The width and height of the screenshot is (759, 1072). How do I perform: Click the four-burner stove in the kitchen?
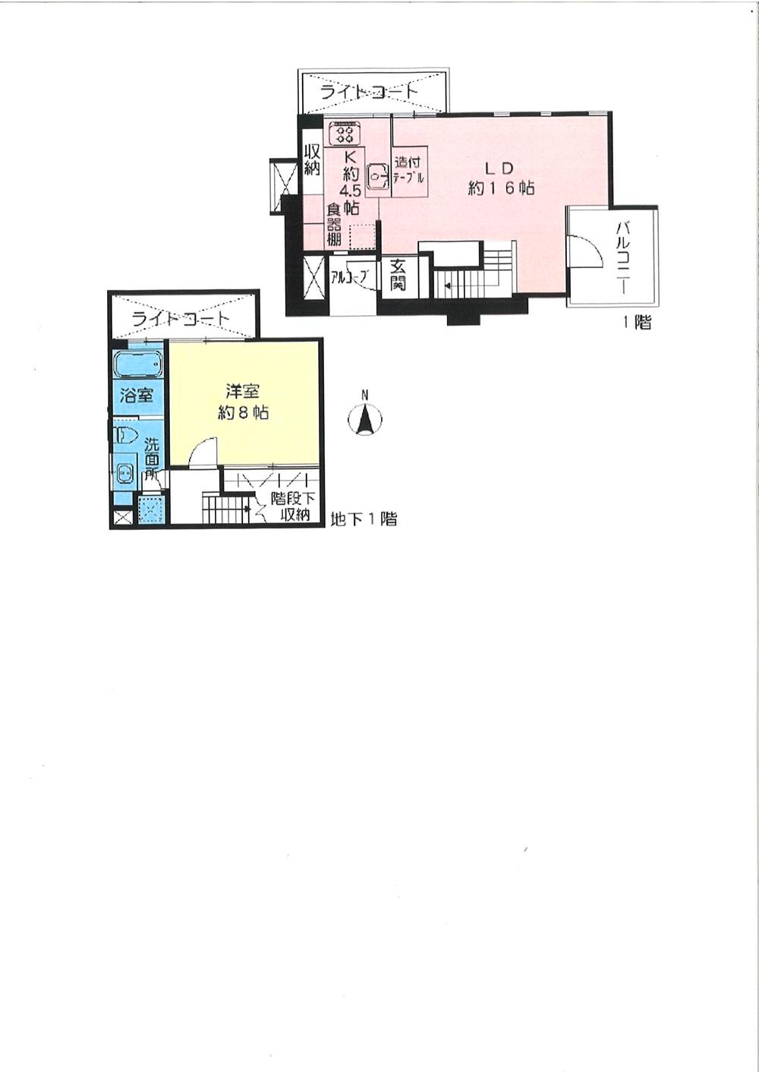[345, 134]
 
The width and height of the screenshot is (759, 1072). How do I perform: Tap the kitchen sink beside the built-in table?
[377, 176]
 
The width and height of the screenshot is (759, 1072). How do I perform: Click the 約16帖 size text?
[501, 188]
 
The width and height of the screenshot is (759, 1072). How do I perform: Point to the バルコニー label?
[625, 257]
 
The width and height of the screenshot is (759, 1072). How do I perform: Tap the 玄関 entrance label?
[398, 276]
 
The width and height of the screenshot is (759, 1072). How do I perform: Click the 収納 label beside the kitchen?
[312, 159]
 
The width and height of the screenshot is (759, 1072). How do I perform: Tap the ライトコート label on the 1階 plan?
[369, 92]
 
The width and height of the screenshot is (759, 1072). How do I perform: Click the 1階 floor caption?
[637, 323]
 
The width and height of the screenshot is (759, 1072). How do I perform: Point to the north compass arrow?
[365, 418]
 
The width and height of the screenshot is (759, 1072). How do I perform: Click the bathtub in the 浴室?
[138, 365]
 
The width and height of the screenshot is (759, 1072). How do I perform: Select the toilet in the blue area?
[124, 435]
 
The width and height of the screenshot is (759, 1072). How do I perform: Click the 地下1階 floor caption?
[364, 520]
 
